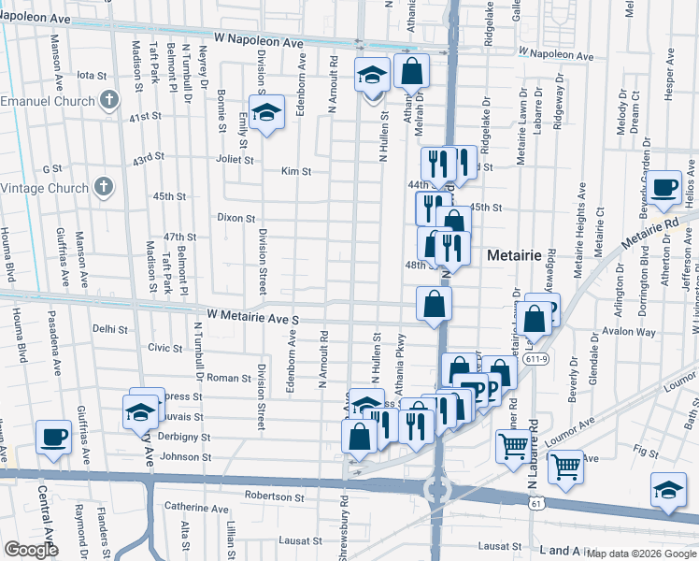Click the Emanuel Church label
point(48,101)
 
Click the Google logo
point(31,550)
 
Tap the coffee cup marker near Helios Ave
point(665,186)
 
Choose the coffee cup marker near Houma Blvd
point(53,436)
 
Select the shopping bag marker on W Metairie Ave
point(435,304)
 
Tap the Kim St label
point(295,171)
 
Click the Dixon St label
point(235,218)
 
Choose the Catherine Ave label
point(196,509)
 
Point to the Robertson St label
point(276,496)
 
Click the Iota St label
point(93,75)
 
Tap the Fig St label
point(645,451)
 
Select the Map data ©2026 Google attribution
point(642,554)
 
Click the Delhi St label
point(110,328)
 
